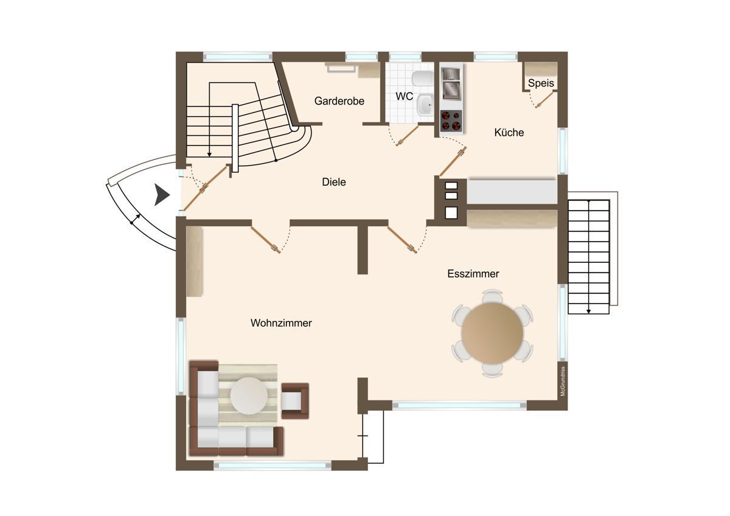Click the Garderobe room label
pos(339,101)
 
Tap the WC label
pos(405,96)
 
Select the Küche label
pos(509,132)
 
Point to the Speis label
pos(541,83)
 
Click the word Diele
pos(334,182)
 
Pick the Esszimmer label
pos(473,273)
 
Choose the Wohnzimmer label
pos(281,322)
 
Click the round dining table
pos(492,333)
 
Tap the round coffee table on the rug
pos(249,396)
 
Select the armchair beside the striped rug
pos(295,401)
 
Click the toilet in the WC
pos(422,79)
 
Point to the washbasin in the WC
pos(425,104)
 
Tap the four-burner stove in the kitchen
pos(451,120)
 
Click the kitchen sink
pos(451,83)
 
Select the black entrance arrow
pos(162,195)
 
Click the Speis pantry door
pos(544,100)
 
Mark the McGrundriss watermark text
pos(563,382)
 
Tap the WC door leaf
pos(408,136)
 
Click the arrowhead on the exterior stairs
pos(589,312)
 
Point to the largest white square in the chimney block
pos(451,213)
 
